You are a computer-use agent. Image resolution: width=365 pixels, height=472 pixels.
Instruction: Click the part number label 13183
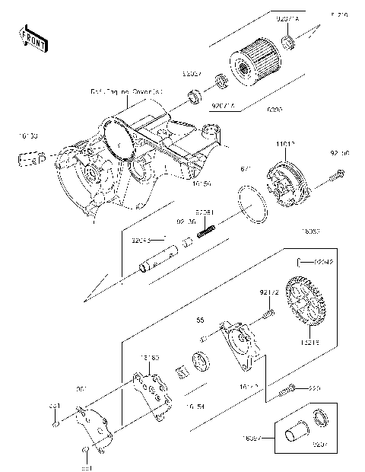click(150, 357)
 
